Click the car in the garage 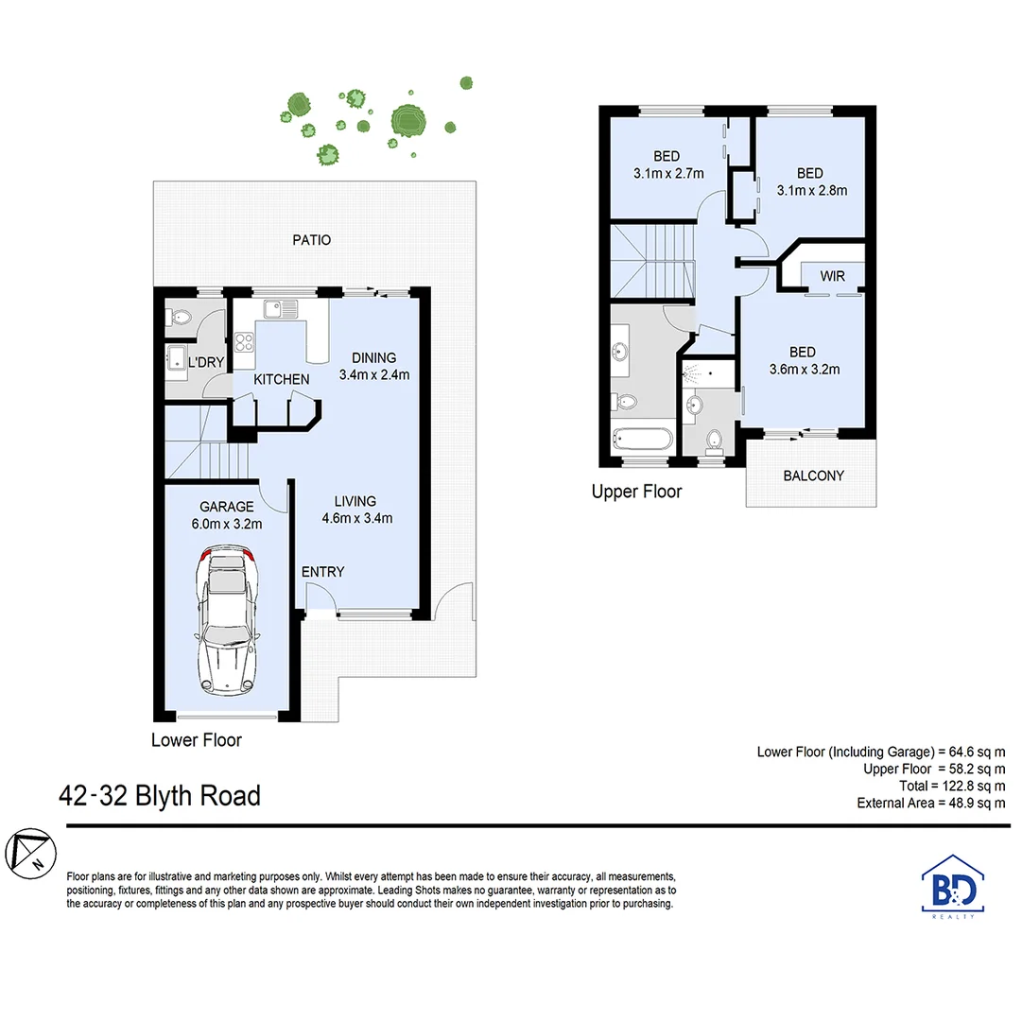point(226,623)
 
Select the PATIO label point(311,240)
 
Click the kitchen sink point(281,307)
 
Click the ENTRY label point(322,572)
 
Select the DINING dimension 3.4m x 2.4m point(373,373)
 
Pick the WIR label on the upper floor point(832,277)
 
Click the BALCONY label point(813,476)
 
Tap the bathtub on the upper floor point(643,439)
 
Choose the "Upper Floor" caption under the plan point(636,492)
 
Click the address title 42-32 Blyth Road point(159,796)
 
